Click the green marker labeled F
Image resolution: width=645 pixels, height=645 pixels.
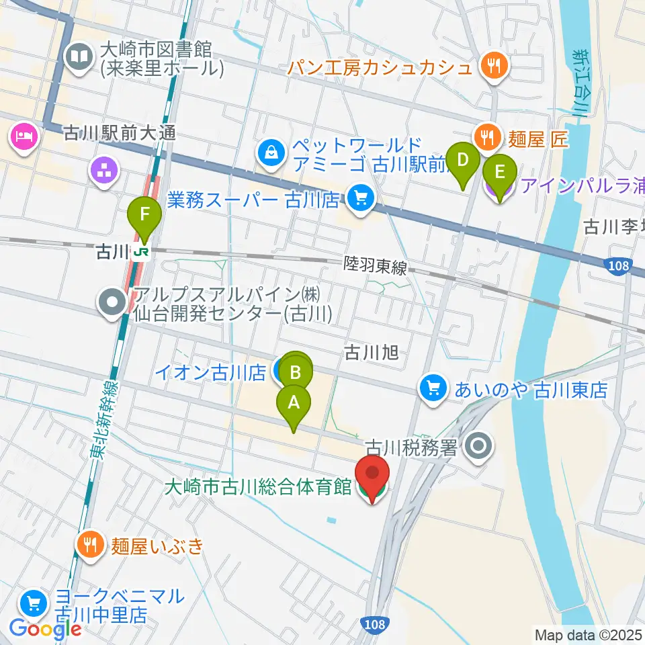pyautogui.click(x=144, y=217)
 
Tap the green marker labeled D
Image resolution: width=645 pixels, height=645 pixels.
pyautogui.click(x=463, y=161)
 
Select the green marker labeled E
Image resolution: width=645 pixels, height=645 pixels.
pyautogui.click(x=499, y=173)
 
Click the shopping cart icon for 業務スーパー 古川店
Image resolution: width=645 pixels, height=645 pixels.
pyautogui.click(x=361, y=199)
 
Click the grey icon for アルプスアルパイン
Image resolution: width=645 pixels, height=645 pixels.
pyautogui.click(x=112, y=303)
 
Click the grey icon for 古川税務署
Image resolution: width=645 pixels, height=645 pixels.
pyautogui.click(x=480, y=445)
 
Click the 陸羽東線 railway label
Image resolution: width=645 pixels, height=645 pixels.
pyautogui.click(x=375, y=267)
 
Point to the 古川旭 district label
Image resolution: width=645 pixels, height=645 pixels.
pyautogui.click(x=372, y=352)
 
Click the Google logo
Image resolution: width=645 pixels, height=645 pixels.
pyautogui.click(x=46, y=629)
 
